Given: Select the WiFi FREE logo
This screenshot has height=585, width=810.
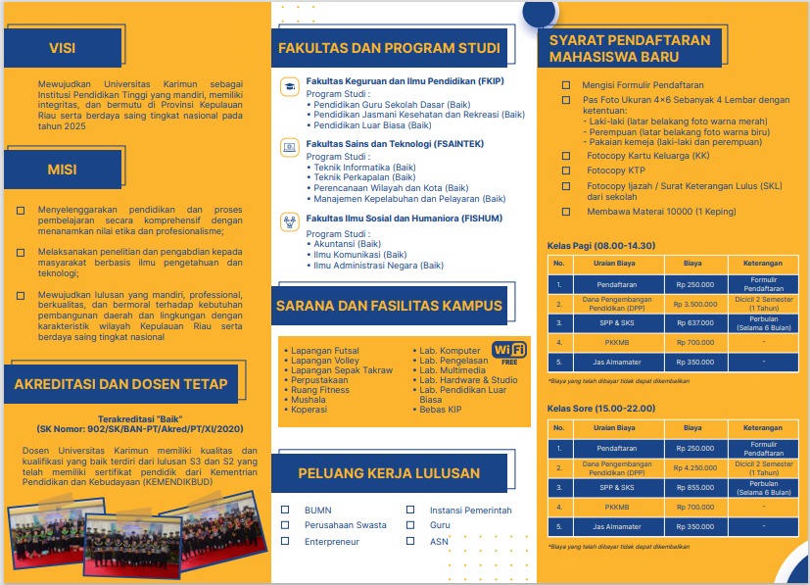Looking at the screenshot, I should click(509, 352).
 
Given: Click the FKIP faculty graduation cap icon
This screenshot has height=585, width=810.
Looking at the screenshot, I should click(289, 86).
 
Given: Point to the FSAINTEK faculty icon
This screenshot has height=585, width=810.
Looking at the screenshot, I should click(289, 148).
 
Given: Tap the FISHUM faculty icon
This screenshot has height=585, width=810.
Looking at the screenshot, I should click(289, 220).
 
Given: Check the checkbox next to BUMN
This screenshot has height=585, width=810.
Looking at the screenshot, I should click(285, 510).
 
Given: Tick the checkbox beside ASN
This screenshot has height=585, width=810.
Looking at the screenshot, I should click(410, 541).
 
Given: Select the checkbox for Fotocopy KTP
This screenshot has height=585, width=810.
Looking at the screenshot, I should click(565, 171).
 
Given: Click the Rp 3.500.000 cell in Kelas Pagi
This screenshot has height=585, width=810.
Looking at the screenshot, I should click(692, 304).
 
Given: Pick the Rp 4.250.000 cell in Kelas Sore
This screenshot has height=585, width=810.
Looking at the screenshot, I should click(692, 467).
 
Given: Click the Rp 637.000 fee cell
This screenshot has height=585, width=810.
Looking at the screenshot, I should click(692, 322).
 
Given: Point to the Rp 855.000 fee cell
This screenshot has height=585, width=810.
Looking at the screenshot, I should click(692, 487).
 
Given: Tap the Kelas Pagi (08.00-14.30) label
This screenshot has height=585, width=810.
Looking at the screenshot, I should click(600, 245).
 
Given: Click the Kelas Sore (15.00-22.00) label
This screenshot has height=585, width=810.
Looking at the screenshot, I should click(600, 409).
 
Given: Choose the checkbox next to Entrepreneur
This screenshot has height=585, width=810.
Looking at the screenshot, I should click(285, 541).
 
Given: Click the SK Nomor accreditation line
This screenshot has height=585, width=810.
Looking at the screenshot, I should click(140, 429).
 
